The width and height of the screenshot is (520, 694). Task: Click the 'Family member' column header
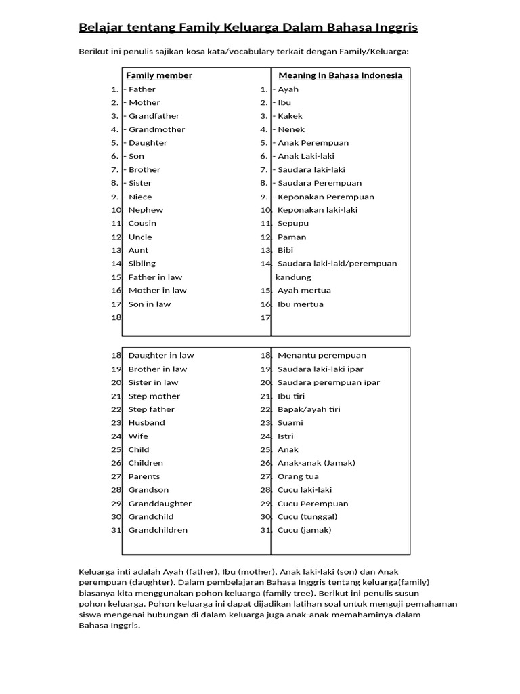tap(159, 75)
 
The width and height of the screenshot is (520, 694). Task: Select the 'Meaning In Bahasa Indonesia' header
tap(341, 75)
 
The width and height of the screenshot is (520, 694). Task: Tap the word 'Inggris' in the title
tap(394, 28)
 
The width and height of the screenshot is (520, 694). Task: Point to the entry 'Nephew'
tap(146, 210)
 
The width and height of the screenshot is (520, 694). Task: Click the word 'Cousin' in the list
tap(142, 223)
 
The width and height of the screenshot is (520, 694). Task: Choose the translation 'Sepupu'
tap(292, 223)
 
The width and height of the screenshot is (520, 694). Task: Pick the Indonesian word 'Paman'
tap(292, 237)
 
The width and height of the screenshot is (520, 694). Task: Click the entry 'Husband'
tap(146, 422)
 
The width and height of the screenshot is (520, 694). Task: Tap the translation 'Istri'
tap(286, 436)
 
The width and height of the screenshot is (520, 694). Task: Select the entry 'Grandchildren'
tap(158, 530)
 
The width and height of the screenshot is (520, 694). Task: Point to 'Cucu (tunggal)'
tap(307, 516)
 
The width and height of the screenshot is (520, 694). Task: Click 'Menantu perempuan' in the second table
tap(322, 355)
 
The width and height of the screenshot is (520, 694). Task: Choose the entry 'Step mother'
tap(154, 396)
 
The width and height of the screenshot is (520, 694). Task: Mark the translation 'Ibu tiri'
tap(291, 396)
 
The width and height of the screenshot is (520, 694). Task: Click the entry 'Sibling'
tap(142, 263)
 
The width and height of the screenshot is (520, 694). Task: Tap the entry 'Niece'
tap(140, 197)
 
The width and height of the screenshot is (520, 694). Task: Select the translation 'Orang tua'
tap(298, 476)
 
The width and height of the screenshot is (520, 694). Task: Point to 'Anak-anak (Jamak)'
tap(316, 463)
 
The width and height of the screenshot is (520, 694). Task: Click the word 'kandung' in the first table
tap(293, 277)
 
